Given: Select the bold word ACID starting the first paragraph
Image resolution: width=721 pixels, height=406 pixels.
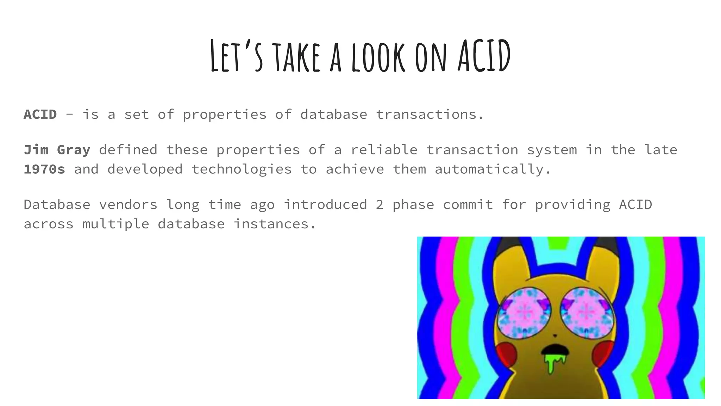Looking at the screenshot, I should click(x=40, y=115).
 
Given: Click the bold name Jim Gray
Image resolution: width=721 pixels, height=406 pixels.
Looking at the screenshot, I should click(x=57, y=150).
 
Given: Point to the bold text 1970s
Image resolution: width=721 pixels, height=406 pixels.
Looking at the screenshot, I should click(x=44, y=170).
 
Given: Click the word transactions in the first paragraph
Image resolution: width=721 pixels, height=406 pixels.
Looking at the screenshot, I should click(x=430, y=115).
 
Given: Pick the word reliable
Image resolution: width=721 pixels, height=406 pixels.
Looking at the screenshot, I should click(x=384, y=150).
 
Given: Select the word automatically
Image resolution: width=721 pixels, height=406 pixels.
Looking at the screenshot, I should click(x=493, y=170).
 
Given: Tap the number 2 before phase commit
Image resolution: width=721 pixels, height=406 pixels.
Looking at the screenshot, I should click(x=380, y=205).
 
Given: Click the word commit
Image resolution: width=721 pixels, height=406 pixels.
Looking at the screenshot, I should click(x=468, y=205).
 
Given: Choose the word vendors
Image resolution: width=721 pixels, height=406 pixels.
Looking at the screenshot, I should click(x=128, y=205).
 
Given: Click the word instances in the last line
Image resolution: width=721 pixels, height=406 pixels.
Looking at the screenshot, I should click(x=275, y=224).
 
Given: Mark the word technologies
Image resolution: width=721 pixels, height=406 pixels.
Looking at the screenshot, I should click(x=242, y=170).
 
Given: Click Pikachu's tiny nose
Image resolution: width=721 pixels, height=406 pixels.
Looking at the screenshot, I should click(x=555, y=336).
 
